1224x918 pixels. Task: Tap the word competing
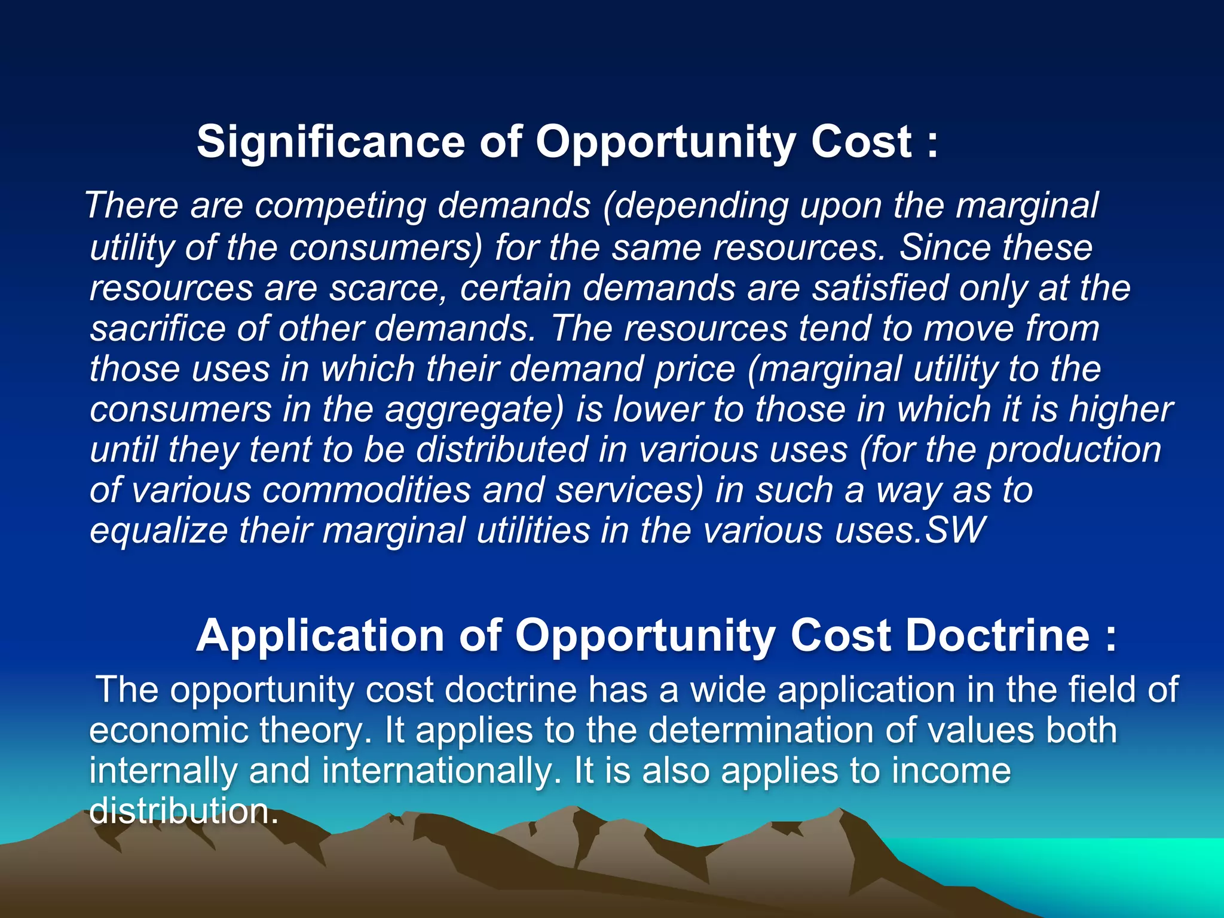click(x=340, y=206)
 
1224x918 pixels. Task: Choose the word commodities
click(x=366, y=491)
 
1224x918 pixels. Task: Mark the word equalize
click(x=158, y=531)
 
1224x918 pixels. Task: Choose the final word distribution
click(x=182, y=812)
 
